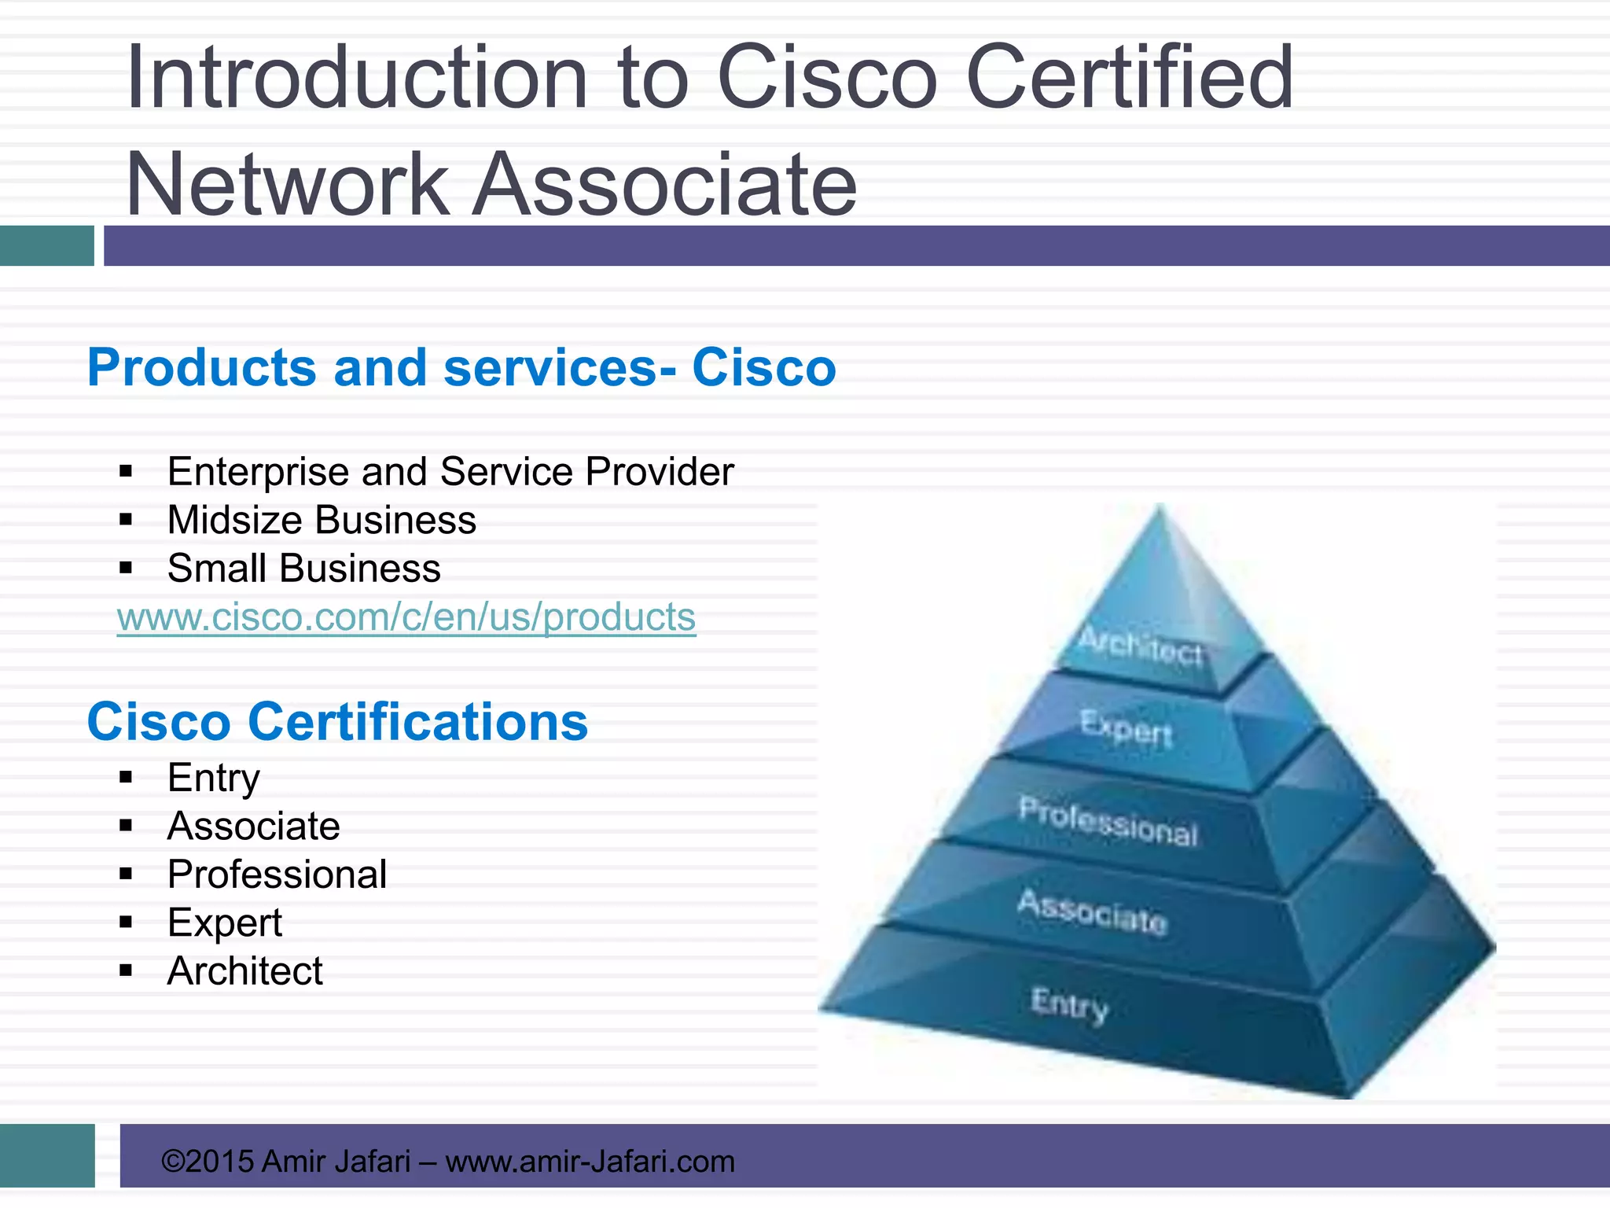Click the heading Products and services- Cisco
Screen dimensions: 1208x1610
[x=461, y=367]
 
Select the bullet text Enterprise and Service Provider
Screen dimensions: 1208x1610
[x=450, y=472]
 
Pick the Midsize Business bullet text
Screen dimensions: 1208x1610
[x=322, y=521]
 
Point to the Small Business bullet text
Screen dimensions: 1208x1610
[x=304, y=569]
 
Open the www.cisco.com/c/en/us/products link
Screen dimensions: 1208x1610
[x=406, y=617]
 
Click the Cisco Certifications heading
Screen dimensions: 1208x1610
[x=337, y=722]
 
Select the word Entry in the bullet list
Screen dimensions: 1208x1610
[x=213, y=778]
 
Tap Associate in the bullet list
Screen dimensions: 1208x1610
[x=253, y=827]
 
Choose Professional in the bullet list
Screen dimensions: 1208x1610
[x=277, y=875]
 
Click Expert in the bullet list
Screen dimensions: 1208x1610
[x=224, y=923]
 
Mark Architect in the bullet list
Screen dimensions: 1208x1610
[x=244, y=971]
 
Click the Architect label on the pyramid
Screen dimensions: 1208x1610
[x=1140, y=646]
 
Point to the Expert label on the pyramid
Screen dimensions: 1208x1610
[x=1126, y=727]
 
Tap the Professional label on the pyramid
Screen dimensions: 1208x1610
[x=1108, y=821]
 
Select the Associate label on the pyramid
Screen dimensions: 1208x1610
[x=1092, y=912]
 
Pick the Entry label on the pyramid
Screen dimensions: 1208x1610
[x=1069, y=1004]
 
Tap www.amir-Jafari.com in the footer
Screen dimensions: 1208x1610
[x=590, y=1162]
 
